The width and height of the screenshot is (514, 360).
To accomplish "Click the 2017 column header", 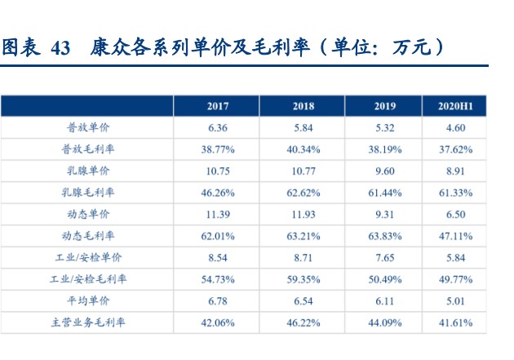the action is pos(218,106).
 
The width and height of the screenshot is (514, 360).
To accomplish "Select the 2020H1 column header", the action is pos(455,106).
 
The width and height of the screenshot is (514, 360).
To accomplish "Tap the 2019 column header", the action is pos(385,106).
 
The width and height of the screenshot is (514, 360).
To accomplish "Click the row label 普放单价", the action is pos(88,127).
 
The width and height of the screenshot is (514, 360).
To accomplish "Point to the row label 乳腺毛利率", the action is pos(88,192).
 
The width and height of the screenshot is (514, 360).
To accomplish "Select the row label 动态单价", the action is pos(88,214).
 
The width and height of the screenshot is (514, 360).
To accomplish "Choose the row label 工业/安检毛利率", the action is pos(88,278).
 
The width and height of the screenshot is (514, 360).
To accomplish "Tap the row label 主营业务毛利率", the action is pos(88,322).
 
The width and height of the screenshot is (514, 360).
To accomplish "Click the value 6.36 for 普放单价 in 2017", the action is pos(218,127).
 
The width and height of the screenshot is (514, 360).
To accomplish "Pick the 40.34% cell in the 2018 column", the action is pos(304,149).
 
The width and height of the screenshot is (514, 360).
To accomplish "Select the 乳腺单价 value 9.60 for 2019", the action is pos(385,171).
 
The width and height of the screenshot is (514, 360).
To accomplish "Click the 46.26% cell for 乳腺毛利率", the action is pos(218,193).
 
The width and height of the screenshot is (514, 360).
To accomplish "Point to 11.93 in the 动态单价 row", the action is pos(304,215).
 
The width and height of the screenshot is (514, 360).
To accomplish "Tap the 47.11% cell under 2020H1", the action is pos(455,236).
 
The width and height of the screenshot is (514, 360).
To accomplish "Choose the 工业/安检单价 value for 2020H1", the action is pos(455,258).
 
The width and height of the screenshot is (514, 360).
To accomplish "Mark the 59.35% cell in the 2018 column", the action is pos(304,279).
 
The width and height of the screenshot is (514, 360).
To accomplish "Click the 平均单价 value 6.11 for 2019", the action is pos(385,301).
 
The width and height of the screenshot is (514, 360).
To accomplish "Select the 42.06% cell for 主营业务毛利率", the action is pos(218,322).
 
